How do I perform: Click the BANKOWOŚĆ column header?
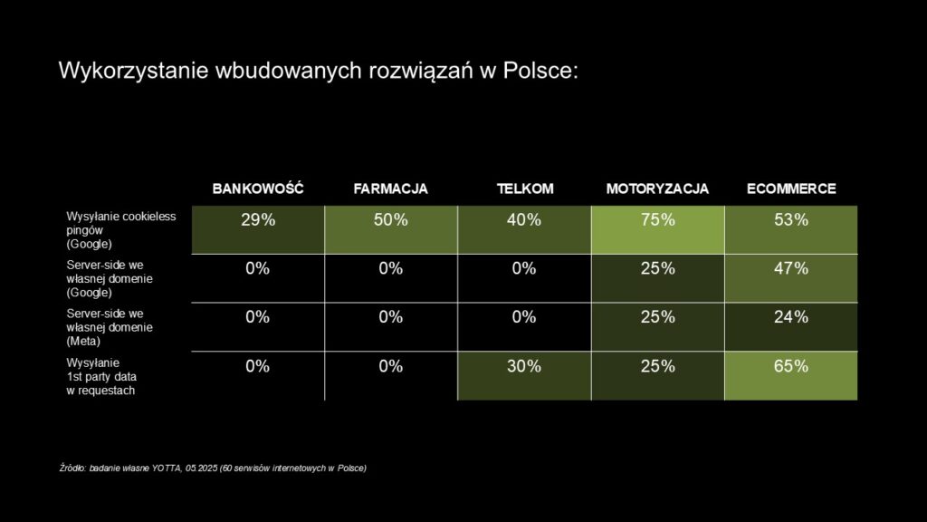pos(257,188)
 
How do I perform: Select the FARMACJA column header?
pos(390,188)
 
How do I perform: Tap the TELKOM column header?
pos(524,188)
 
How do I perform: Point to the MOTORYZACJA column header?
pos(657,188)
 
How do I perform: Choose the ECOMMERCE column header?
pos(790,188)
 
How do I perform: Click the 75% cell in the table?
pos(657,220)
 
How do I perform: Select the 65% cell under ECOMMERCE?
pos(790,366)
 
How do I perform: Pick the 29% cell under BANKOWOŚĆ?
pos(257,220)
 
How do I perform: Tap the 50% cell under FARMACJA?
pos(390,220)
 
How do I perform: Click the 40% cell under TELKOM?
pos(524,220)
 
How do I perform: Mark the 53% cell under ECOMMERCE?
pos(790,220)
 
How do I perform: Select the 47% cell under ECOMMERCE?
pos(790,269)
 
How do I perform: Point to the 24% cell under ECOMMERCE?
pos(790,317)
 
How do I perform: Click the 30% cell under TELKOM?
pos(524,366)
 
